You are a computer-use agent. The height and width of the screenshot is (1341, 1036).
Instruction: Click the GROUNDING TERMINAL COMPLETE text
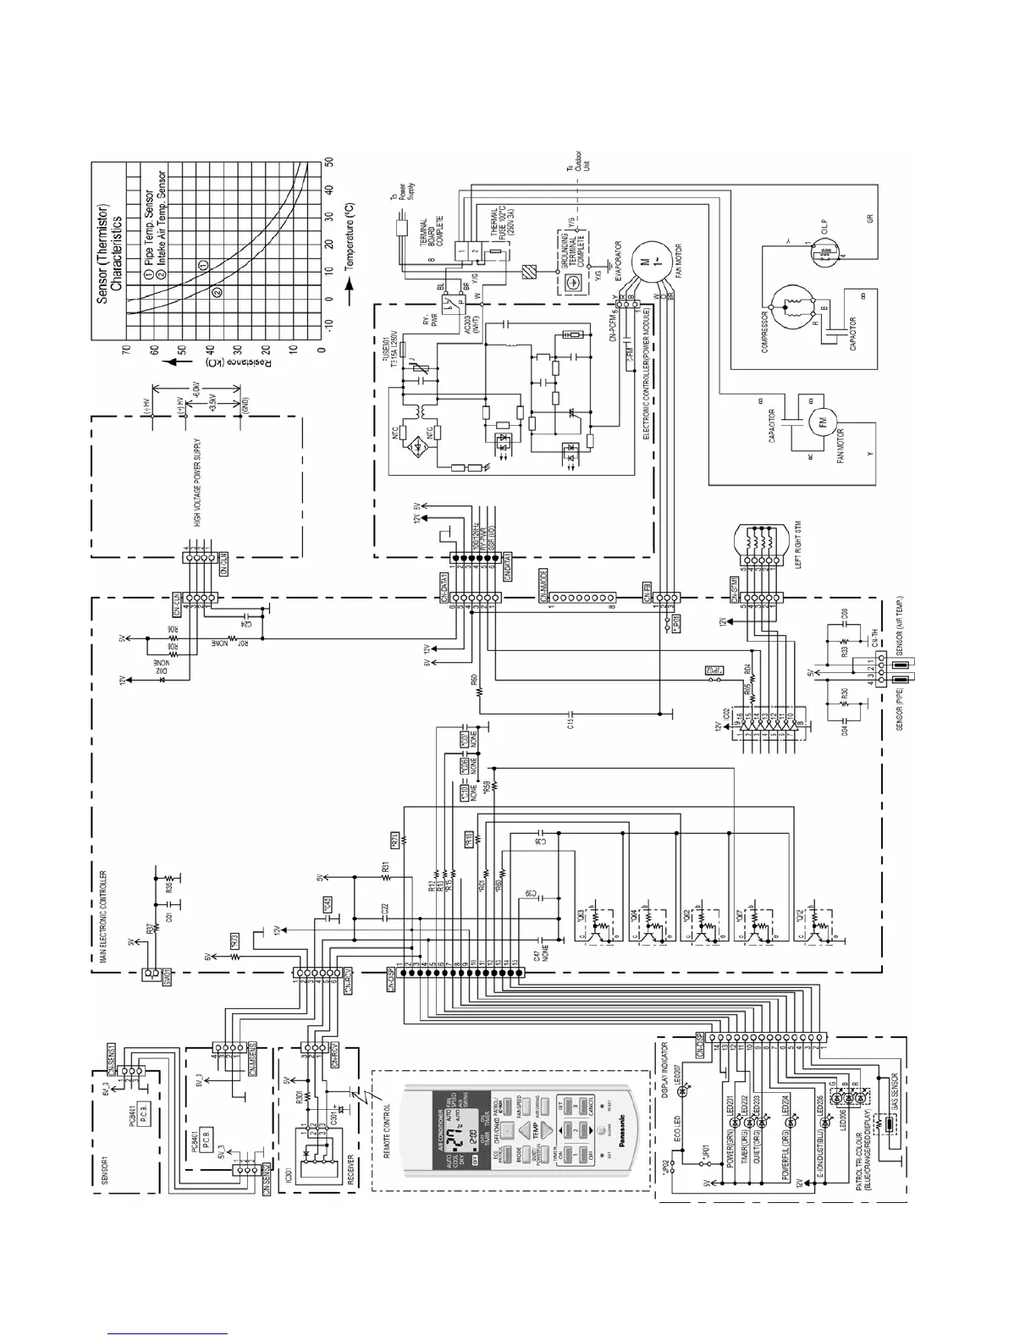coord(565,248)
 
